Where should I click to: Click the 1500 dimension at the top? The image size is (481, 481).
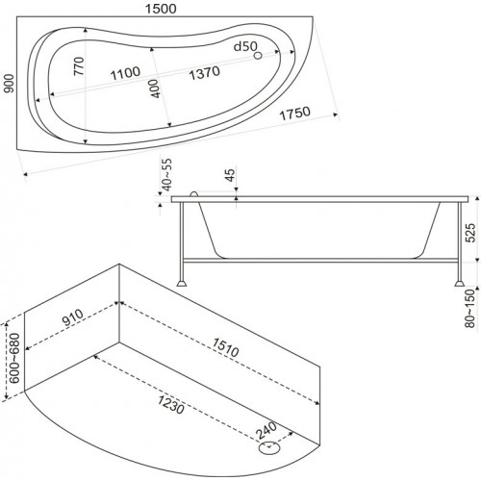pyautogui.click(x=161, y=9)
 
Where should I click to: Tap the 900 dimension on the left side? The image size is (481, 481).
pyautogui.click(x=10, y=84)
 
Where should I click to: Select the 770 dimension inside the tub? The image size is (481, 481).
pyautogui.click(x=79, y=66)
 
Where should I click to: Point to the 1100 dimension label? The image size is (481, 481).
pyautogui.click(x=125, y=73)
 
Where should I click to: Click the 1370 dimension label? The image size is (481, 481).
pyautogui.click(x=204, y=73)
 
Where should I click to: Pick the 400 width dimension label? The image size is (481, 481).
pyautogui.click(x=155, y=89)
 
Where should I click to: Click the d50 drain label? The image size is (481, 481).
pyautogui.click(x=245, y=46)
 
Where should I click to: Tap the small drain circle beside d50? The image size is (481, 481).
pyautogui.click(x=258, y=56)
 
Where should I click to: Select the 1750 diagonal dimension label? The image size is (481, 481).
pyautogui.click(x=295, y=114)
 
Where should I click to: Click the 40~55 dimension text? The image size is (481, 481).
pyautogui.click(x=167, y=175)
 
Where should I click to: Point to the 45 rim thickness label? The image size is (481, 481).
pyautogui.click(x=230, y=175)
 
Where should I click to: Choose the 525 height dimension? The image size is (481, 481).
pyautogui.click(x=470, y=233)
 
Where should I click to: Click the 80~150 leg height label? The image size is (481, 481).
pyautogui.click(x=470, y=308)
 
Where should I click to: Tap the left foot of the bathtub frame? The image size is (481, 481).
pyautogui.click(x=182, y=283)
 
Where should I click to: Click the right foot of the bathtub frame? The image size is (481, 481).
pyautogui.click(x=459, y=283)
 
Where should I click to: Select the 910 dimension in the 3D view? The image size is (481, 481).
pyautogui.click(x=73, y=317)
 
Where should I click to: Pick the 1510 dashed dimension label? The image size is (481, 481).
pyautogui.click(x=225, y=347)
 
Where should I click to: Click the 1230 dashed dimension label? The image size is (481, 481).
pyautogui.click(x=171, y=405)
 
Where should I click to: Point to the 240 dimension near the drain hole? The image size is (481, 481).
pyautogui.click(x=266, y=430)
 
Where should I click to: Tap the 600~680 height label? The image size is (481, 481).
pyautogui.click(x=14, y=358)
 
